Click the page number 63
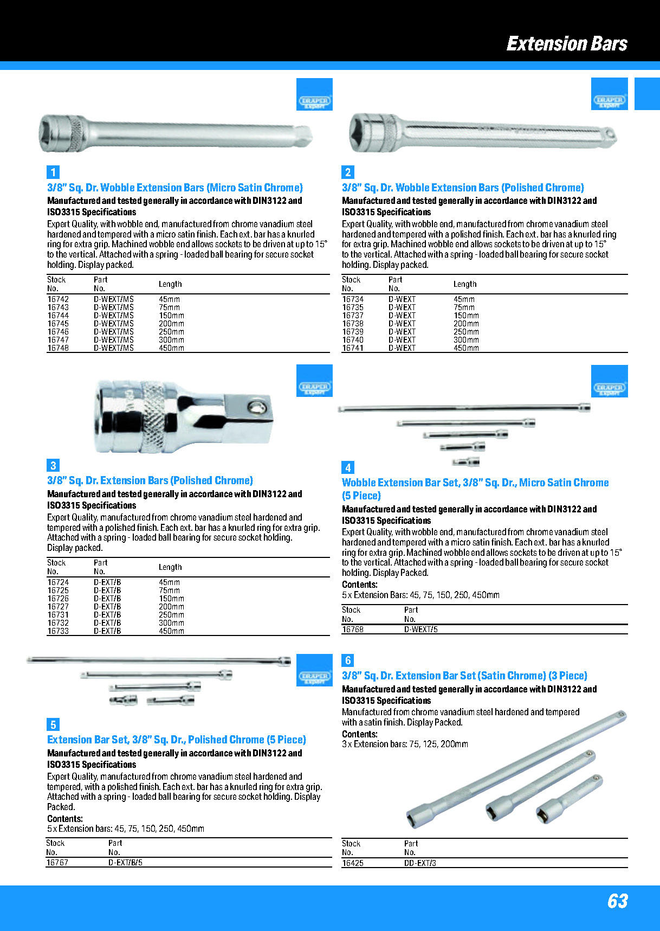tap(617, 901)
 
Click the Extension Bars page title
tap(566, 43)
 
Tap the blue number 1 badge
tap(53, 172)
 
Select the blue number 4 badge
tap(348, 467)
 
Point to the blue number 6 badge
tap(348, 660)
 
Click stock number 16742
tap(58, 299)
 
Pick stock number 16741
tap(353, 348)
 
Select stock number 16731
tap(58, 615)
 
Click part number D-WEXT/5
tap(421, 630)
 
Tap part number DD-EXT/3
tap(420, 863)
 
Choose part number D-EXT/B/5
tap(125, 863)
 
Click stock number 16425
tap(353, 863)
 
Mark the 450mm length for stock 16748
tap(171, 348)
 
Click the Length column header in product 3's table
tap(170, 567)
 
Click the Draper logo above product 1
tap(314, 101)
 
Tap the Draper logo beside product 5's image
tap(314, 677)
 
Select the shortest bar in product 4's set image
tap(466, 462)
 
